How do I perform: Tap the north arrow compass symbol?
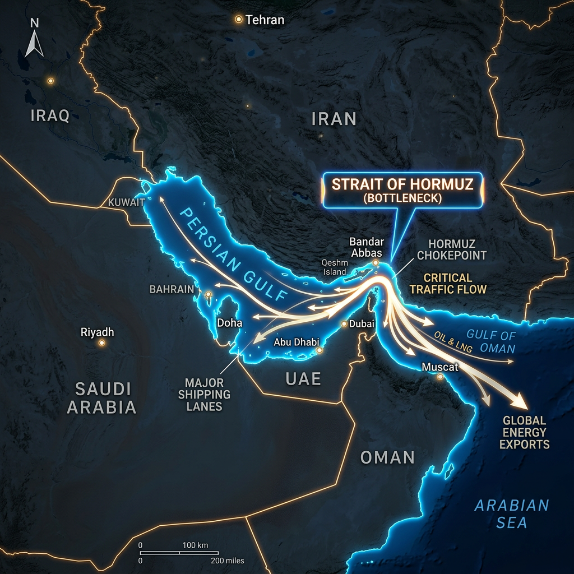(35, 39)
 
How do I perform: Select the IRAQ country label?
(50, 116)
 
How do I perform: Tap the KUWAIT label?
(127, 202)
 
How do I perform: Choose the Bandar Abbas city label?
(367, 247)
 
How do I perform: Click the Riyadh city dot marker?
(102, 342)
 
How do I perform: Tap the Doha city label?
(230, 323)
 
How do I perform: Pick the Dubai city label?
(362, 323)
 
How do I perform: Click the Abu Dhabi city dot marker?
(319, 351)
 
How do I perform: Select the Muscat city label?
(441, 367)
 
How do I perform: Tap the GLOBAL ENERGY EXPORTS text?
(524, 432)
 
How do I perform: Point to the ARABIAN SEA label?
(511, 513)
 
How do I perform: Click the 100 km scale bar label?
(195, 545)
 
